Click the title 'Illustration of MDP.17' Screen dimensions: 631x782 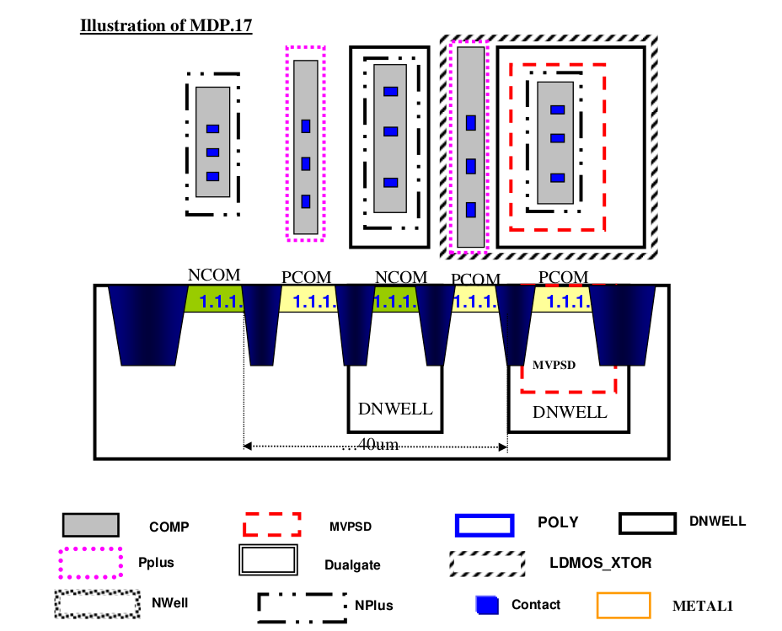[x=166, y=26]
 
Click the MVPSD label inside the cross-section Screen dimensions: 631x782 [x=554, y=366]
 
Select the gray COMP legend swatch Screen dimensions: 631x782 [x=90, y=525]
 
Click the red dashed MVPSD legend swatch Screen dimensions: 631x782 [x=271, y=524]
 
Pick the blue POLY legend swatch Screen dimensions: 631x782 [x=484, y=524]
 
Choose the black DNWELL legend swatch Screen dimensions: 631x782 [x=647, y=523]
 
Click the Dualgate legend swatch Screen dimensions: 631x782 [x=269, y=560]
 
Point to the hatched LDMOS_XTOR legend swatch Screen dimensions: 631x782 [x=486, y=562]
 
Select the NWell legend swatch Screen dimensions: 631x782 [x=97, y=603]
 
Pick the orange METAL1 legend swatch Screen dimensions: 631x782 [x=623, y=605]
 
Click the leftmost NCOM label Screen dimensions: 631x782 [x=214, y=275]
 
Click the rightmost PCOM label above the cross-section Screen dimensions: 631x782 [x=563, y=277]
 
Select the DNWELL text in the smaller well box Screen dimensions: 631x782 [x=395, y=409]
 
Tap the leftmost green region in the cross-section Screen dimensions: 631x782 [x=214, y=299]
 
